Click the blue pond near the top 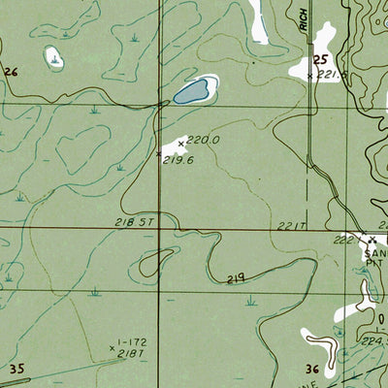tap(192, 92)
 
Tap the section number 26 tap(12, 72)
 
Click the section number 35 tap(16, 369)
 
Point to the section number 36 tap(312, 369)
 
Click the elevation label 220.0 tap(204, 140)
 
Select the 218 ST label tap(135, 222)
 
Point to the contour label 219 tap(235, 278)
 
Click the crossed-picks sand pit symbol tap(372, 238)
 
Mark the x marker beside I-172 tap(113, 344)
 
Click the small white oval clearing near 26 tap(54, 58)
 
